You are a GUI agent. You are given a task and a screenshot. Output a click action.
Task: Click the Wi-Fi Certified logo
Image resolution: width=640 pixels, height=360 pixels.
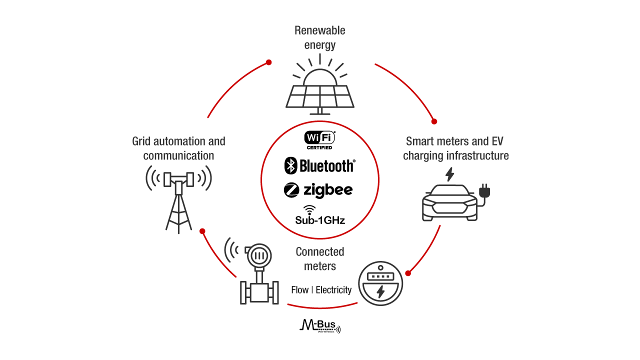[319, 140]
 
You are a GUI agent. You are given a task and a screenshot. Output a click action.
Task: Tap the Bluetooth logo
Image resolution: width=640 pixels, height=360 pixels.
[319, 165]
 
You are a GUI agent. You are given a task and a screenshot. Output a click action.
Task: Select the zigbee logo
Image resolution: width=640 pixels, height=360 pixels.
[318, 190]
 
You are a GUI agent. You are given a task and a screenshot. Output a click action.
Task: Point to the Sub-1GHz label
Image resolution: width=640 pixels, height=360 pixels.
[319, 219]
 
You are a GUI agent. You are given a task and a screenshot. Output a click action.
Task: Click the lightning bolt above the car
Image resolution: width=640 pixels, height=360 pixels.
[450, 174]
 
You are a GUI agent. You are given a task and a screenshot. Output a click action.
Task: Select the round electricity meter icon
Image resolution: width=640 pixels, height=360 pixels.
[380, 284]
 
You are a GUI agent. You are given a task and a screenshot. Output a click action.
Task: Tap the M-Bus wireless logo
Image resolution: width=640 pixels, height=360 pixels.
[320, 326]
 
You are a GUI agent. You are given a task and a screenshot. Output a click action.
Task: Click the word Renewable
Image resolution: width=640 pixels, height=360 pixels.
[320, 30]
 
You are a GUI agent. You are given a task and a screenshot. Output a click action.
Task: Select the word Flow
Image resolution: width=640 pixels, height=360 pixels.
[299, 290]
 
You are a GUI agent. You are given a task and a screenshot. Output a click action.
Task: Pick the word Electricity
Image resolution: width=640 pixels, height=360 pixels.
[333, 290]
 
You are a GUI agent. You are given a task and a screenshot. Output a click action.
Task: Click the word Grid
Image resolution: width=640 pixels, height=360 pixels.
[141, 141]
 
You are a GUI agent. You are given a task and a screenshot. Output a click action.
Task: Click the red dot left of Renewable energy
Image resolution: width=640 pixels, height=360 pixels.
[268, 62]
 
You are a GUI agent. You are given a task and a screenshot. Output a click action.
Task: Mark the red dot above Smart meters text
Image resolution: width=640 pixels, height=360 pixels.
[434, 121]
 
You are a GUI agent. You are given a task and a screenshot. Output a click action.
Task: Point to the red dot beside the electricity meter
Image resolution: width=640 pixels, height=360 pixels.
[408, 273]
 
